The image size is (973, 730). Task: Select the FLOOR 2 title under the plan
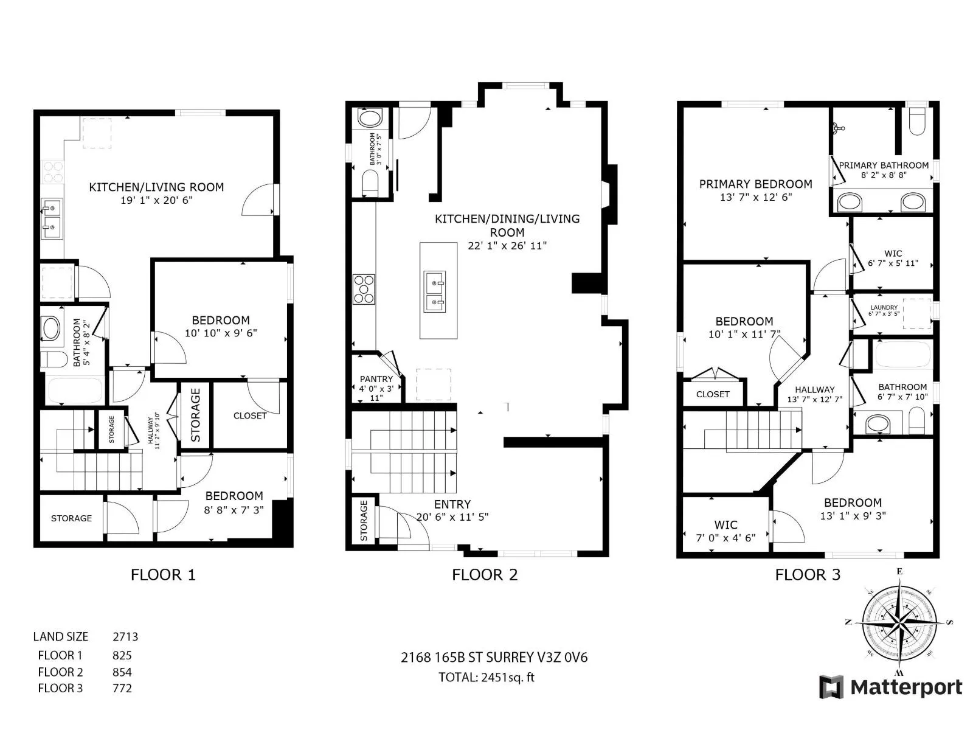pyautogui.click(x=485, y=575)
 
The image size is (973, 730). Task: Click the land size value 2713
pyautogui.click(x=125, y=637)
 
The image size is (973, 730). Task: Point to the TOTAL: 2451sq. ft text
pyautogui.click(x=486, y=677)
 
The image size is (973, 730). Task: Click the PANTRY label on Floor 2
pyautogui.click(x=376, y=379)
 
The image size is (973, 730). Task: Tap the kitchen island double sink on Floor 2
pyautogui.click(x=434, y=291)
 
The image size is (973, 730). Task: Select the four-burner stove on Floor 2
pyautogui.click(x=364, y=290)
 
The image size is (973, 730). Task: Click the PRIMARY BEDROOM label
pyautogui.click(x=756, y=184)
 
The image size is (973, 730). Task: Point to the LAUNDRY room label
pyautogui.click(x=884, y=307)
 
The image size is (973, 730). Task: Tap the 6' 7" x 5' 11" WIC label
pyautogui.click(x=893, y=263)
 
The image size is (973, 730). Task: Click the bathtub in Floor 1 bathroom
pyautogui.click(x=74, y=391)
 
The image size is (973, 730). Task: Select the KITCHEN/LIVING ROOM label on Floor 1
pyautogui.click(x=156, y=187)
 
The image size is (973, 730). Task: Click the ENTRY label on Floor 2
pyautogui.click(x=452, y=504)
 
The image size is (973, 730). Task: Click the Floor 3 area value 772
pyautogui.click(x=122, y=689)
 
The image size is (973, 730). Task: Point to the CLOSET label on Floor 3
pyautogui.click(x=713, y=394)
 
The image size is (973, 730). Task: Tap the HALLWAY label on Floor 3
pyautogui.click(x=815, y=389)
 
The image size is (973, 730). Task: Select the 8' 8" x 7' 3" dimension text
pyautogui.click(x=234, y=510)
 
